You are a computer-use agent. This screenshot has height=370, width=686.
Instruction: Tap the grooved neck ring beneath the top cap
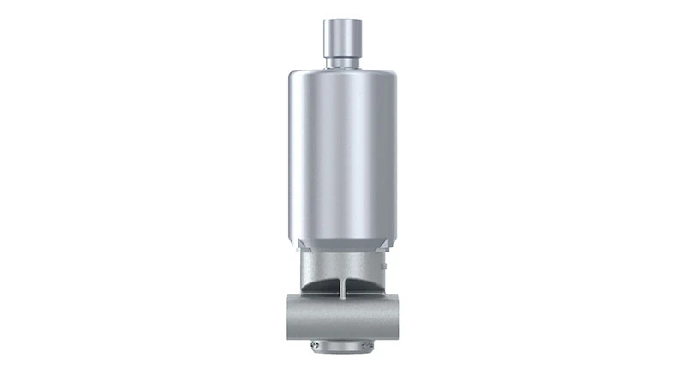(342, 62)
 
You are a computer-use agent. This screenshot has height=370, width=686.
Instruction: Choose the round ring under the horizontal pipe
(342, 347)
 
